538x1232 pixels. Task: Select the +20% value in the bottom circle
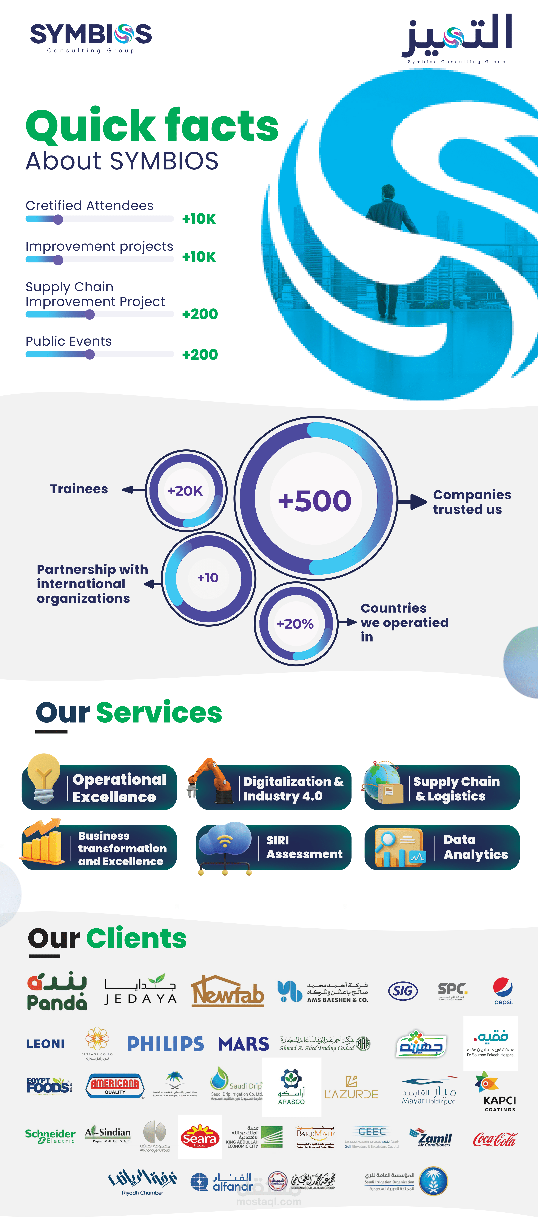coord(295,624)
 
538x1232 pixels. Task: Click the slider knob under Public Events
coord(90,354)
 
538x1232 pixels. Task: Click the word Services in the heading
coord(159,713)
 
